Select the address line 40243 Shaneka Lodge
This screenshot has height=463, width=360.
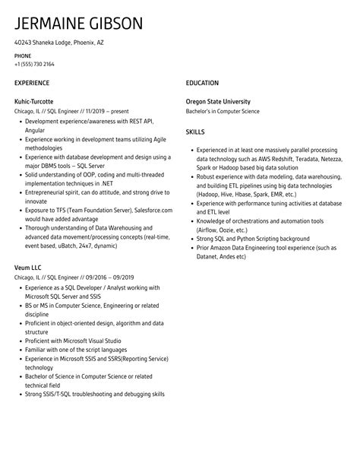59,43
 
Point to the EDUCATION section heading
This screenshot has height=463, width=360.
202,82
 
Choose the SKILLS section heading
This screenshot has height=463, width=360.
196,132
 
